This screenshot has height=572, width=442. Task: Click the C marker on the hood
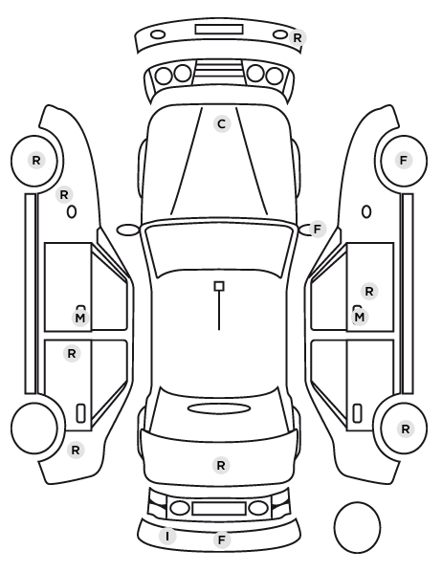pos(222,124)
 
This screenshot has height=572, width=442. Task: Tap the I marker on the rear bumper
pos(167,537)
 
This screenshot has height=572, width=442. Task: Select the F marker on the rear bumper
pos(222,539)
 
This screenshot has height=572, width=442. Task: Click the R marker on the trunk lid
pos(221,466)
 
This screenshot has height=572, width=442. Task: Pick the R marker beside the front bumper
pos(298,37)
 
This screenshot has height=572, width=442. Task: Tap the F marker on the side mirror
pos(318,230)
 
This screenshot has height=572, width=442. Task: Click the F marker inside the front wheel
pos(404,160)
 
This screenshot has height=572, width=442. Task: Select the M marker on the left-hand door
pos(80,318)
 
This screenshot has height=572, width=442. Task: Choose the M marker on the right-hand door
pos(360,317)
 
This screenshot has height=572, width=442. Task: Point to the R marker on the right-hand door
pos(369,292)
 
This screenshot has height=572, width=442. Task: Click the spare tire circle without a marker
pos(357,527)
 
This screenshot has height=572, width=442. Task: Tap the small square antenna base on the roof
pos(219,286)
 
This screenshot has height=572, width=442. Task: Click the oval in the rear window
pos(219,408)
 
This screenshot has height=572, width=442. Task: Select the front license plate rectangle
pos(219,30)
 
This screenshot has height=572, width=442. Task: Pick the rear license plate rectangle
pos(219,508)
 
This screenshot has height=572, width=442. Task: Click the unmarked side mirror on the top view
pos(128,230)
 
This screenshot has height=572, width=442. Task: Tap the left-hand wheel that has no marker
pos(34,428)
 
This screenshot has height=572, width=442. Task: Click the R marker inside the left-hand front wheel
pos(36,160)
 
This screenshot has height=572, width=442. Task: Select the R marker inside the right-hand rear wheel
pos(405,429)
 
